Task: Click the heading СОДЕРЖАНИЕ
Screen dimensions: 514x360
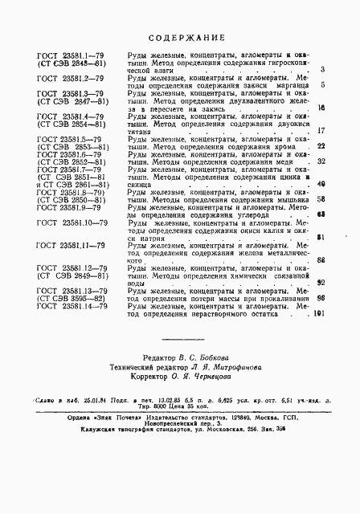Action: tap(180, 39)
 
